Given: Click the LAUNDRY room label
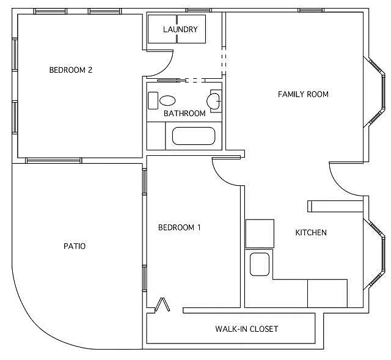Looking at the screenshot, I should click(x=180, y=29).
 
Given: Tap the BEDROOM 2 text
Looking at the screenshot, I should click(x=70, y=70).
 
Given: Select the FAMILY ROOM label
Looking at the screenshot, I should click(x=303, y=94).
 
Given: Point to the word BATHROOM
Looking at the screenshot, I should click(x=184, y=114).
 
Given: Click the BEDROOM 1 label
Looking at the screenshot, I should click(x=180, y=228).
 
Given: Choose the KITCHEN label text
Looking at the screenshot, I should click(x=311, y=233).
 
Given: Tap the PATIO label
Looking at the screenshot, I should click(x=75, y=246).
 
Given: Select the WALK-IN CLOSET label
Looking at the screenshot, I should click(x=246, y=329).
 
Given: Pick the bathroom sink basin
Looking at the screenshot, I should click(x=167, y=100).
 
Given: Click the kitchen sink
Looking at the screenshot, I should click(x=260, y=265).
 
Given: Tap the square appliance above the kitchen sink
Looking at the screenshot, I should click(x=260, y=233).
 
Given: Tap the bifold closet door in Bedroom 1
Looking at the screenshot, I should click(x=163, y=305).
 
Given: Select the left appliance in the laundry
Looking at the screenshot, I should click(x=162, y=29).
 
